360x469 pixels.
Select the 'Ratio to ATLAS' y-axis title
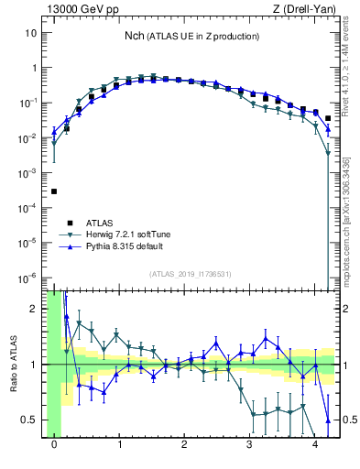[15, 365]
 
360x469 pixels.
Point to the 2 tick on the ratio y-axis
[35, 309]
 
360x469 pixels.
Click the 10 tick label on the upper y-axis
[30, 33]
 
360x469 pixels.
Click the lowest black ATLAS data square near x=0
[54, 191]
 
